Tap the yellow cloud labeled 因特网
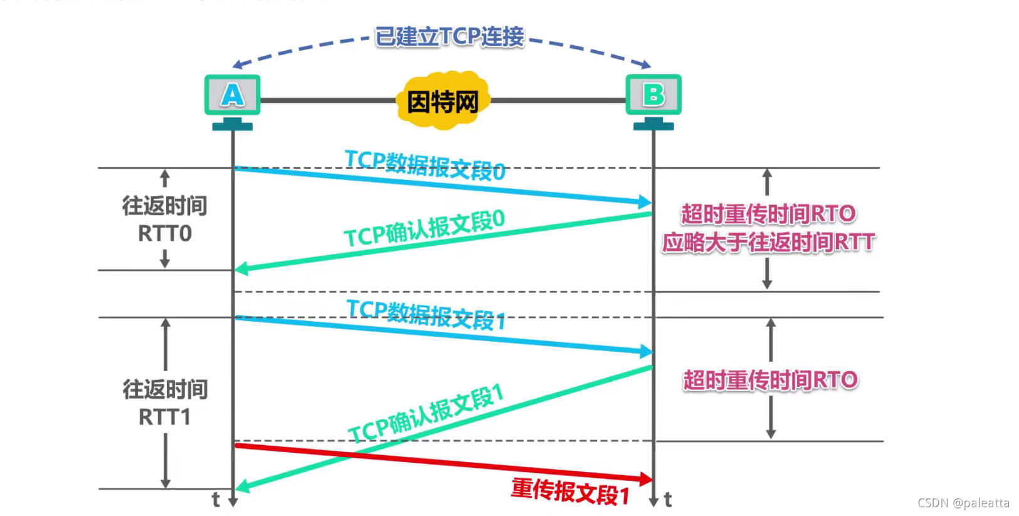click(x=443, y=101)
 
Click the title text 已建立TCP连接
click(x=449, y=36)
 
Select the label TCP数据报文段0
click(x=425, y=164)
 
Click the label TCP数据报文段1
click(x=426, y=314)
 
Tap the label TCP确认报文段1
click(x=426, y=414)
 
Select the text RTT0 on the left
click(x=165, y=234)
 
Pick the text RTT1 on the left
click(x=164, y=417)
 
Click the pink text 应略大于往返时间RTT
click(x=768, y=242)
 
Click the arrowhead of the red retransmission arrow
click(x=646, y=479)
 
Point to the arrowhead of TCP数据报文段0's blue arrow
click(x=645, y=202)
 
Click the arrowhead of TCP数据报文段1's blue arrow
click(x=647, y=351)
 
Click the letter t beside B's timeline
click(x=668, y=500)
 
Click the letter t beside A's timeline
click(x=216, y=500)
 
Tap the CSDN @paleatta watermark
click(x=963, y=503)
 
